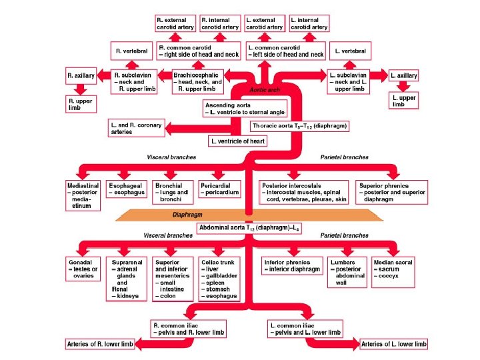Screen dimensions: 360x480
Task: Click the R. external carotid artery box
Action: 175,24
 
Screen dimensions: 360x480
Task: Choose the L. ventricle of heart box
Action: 237,141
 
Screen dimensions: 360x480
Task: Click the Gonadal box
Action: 83,267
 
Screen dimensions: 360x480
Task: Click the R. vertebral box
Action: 132,51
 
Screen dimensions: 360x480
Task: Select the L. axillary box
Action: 404,76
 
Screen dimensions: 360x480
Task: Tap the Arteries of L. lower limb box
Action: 393,344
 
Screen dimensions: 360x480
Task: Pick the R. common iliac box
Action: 189,328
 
